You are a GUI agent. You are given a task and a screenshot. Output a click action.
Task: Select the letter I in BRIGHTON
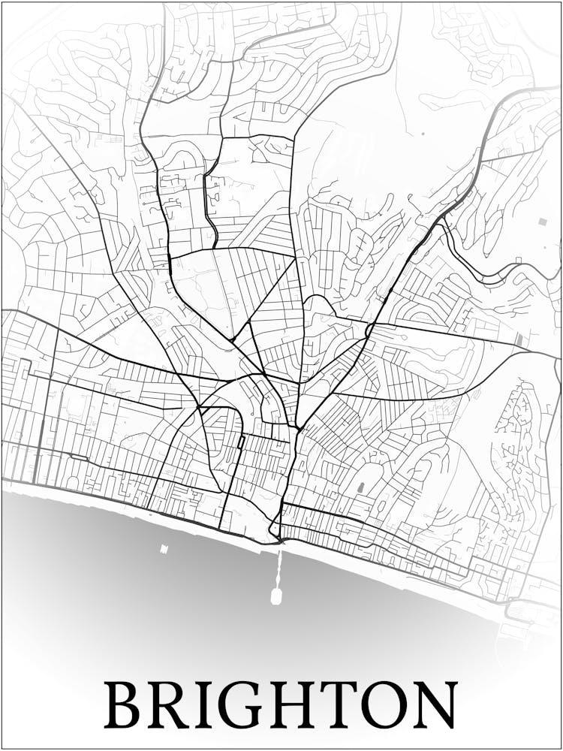206,704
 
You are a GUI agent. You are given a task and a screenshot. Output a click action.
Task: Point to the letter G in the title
244,704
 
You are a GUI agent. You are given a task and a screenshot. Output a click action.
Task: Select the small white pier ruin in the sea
164,549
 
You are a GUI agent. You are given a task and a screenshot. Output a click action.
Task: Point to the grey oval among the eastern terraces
360,487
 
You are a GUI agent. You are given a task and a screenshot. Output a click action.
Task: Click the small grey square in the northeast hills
543,222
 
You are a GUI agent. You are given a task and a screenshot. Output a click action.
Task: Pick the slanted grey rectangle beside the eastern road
520,339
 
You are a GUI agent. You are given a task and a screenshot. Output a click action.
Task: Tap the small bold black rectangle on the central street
241,442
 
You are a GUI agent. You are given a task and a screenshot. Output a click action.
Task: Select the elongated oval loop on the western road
78,457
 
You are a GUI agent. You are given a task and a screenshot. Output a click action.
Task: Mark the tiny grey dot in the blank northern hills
423,134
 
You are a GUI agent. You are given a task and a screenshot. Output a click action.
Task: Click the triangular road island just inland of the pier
274,528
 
